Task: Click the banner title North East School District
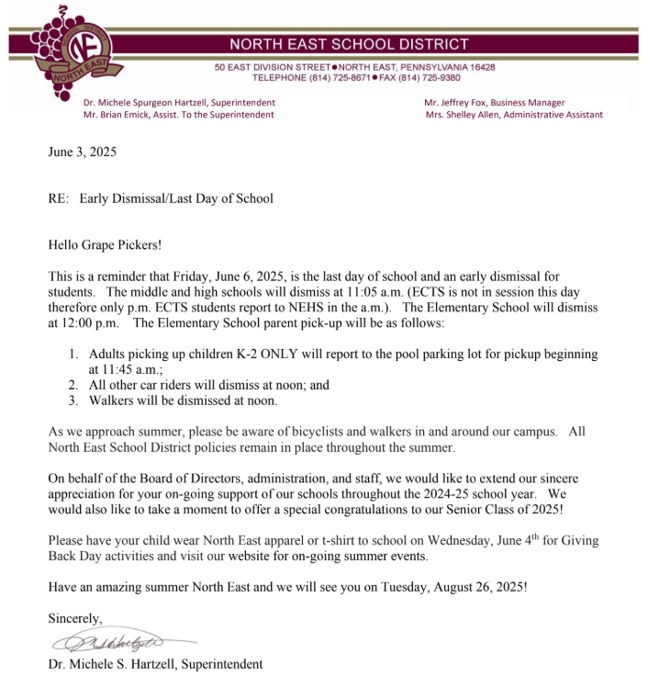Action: [x=348, y=44]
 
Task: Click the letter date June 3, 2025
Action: [x=83, y=152]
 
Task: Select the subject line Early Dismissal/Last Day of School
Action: [x=176, y=198]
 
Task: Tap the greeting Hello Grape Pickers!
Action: [x=108, y=245]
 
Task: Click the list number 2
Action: [x=74, y=385]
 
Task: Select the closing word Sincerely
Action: [x=75, y=618]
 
